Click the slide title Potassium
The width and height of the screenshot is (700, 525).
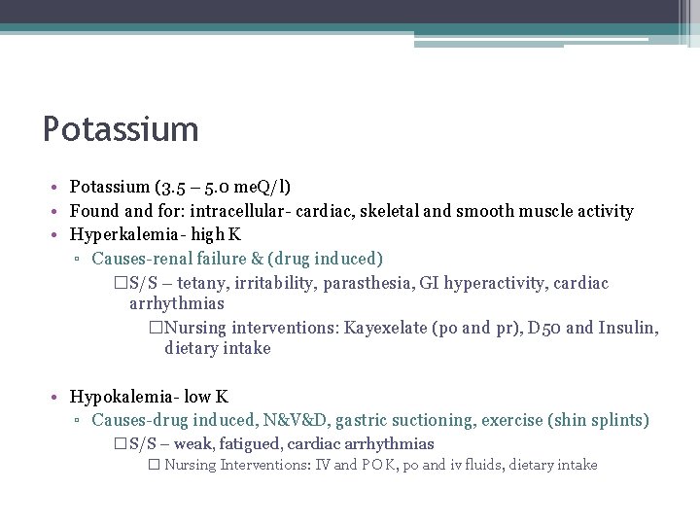121,129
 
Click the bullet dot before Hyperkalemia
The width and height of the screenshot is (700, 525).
58,235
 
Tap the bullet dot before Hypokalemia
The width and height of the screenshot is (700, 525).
58,398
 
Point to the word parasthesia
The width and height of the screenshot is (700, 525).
374,283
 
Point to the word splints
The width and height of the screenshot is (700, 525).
620,421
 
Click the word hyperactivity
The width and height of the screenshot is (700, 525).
499,283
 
